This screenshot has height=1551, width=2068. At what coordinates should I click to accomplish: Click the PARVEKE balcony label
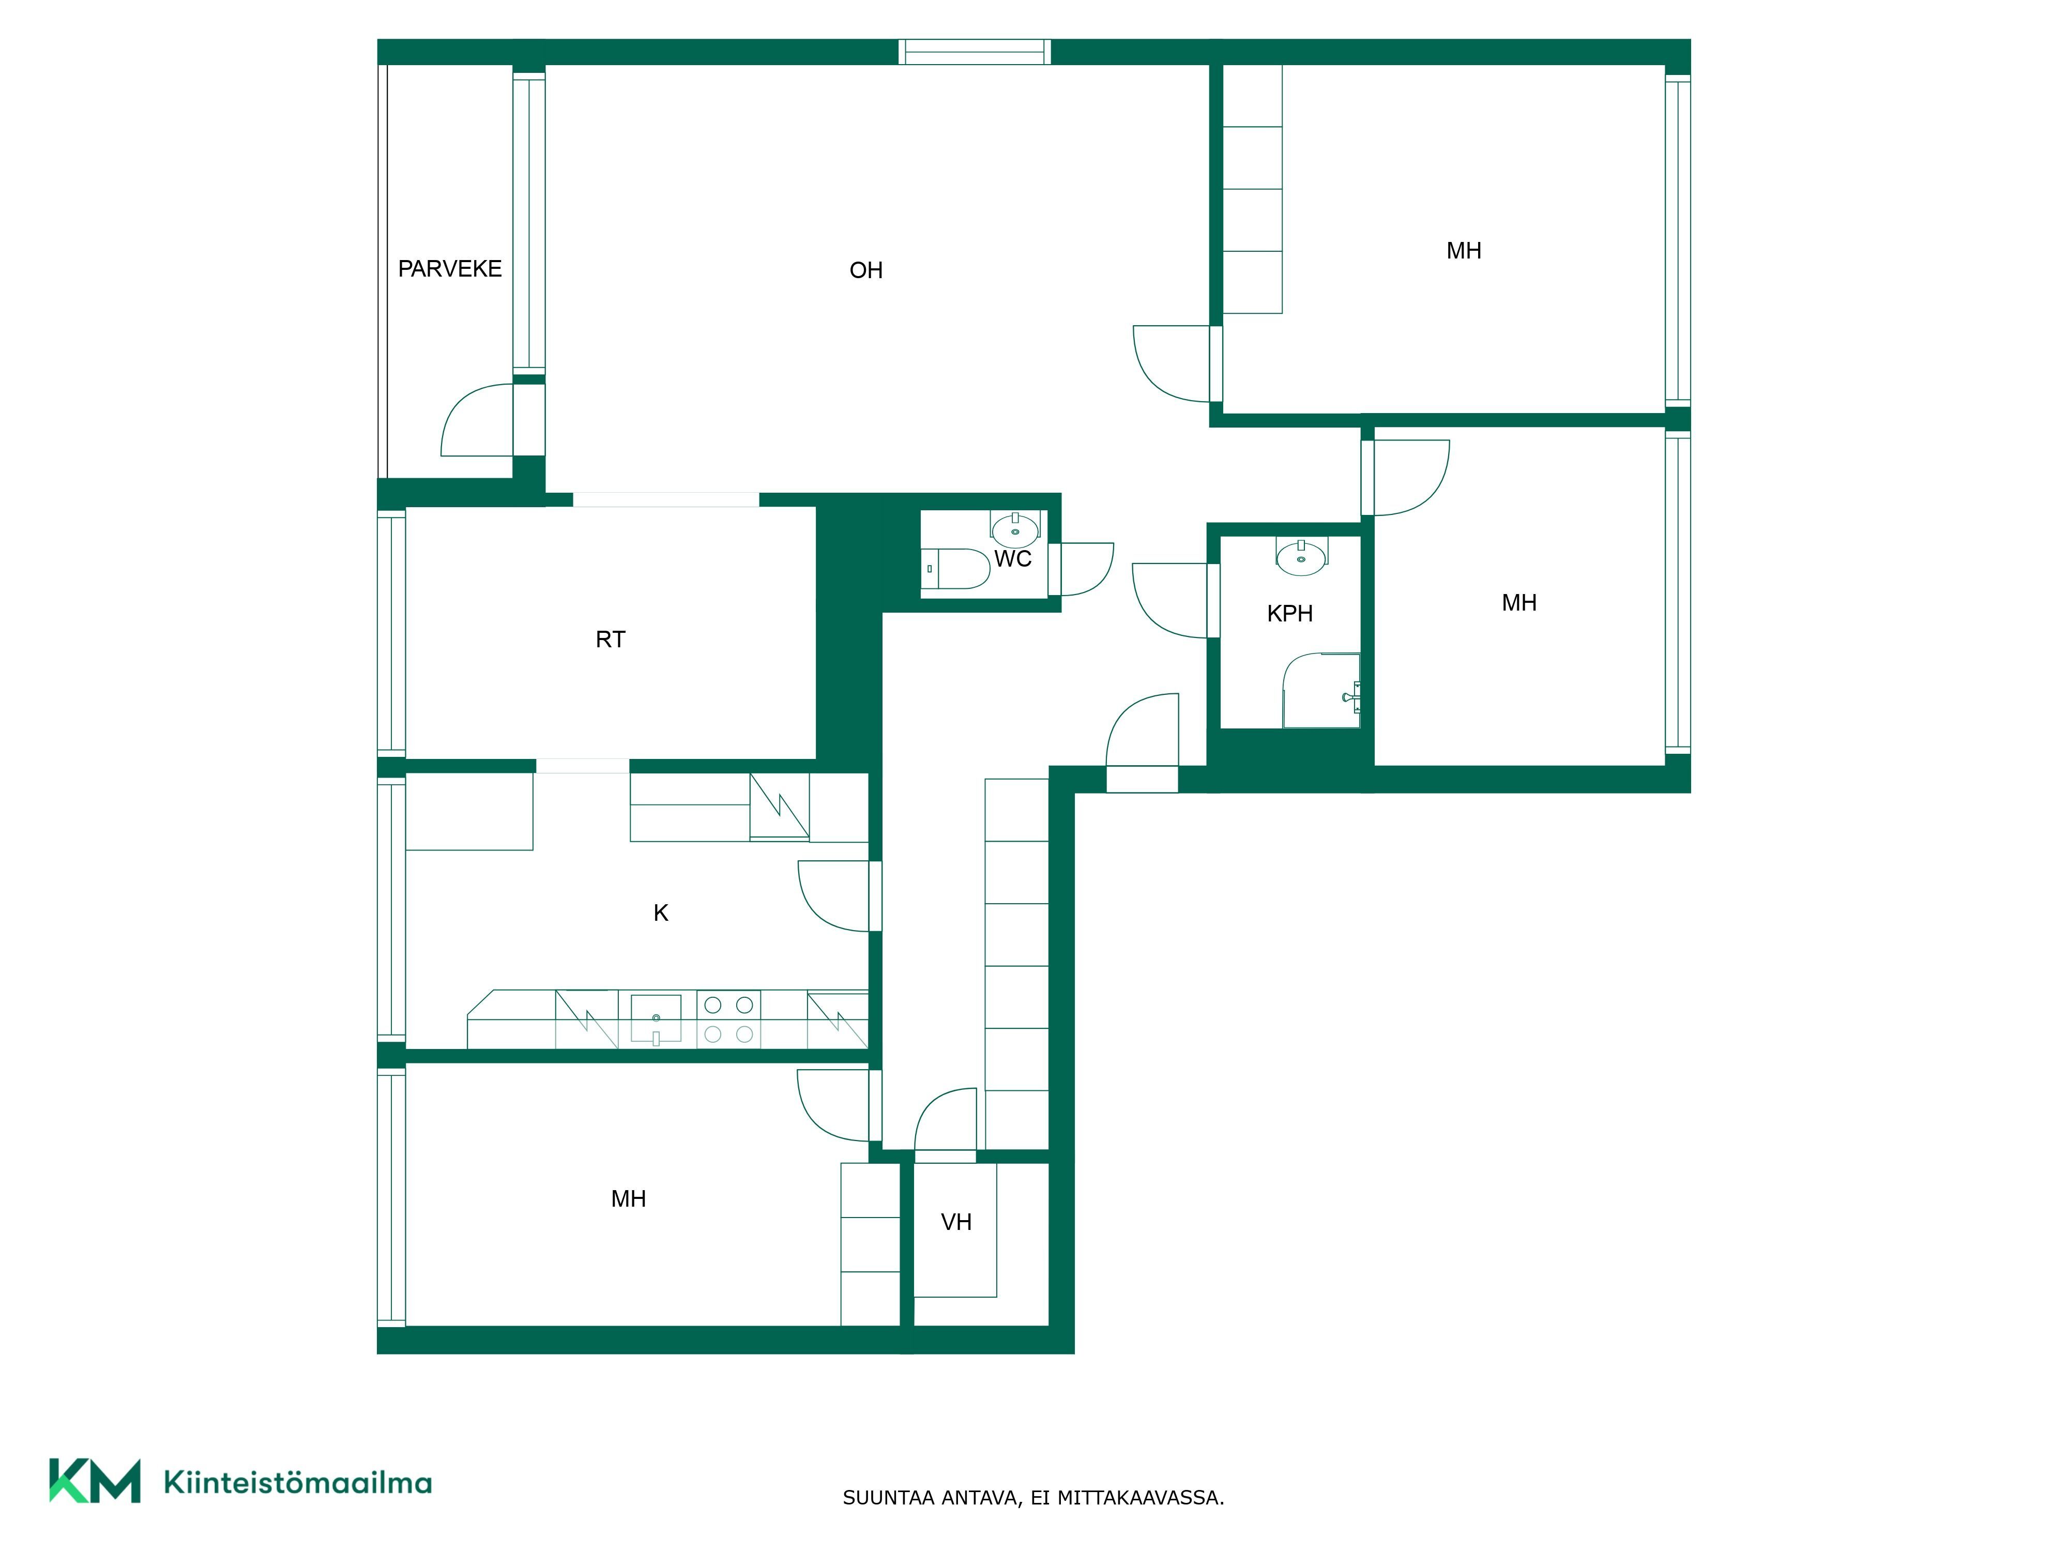point(450,269)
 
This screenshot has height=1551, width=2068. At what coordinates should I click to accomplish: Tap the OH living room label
point(866,271)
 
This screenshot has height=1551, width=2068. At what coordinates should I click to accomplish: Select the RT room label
point(611,640)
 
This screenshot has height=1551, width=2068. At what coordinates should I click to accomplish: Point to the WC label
point(1012,559)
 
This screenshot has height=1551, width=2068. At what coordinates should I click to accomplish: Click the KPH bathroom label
point(1290,614)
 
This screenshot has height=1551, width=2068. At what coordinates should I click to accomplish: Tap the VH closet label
point(956,1222)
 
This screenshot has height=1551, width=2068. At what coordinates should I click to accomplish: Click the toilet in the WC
point(955,568)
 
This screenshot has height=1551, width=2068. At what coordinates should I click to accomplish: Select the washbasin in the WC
point(1015,529)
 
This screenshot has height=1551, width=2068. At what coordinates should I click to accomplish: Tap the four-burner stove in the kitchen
point(728,1019)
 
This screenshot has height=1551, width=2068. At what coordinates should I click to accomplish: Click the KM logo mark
point(95,1481)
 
